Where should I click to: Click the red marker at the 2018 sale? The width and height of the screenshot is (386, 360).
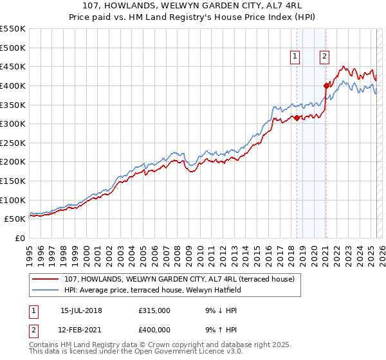297,118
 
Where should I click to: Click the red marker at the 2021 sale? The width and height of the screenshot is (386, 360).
326,85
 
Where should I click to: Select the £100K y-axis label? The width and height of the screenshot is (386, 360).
14,200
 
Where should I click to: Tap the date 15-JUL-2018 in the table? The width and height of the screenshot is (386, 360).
81,310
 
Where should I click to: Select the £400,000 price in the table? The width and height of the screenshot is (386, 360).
154,330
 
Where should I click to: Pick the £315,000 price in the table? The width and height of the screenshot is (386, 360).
154,310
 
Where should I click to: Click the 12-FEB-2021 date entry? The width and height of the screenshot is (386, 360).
81,330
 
